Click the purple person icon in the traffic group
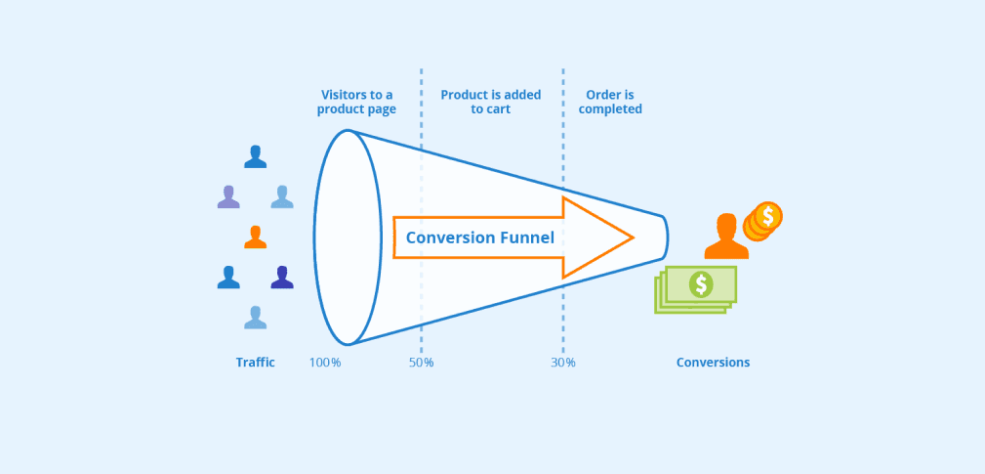(x=227, y=196)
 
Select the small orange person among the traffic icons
(x=255, y=237)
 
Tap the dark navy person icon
(x=281, y=278)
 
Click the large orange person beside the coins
(x=725, y=237)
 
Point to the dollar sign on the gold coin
(x=769, y=215)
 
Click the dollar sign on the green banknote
(x=700, y=284)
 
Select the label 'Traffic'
(x=255, y=363)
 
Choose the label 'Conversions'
(x=713, y=363)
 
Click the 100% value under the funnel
(x=325, y=363)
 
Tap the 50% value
(x=421, y=363)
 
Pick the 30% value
(x=562, y=363)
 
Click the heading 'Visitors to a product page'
(x=356, y=102)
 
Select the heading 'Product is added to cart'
(x=490, y=102)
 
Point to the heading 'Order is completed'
(x=610, y=102)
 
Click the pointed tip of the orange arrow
(x=632, y=237)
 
